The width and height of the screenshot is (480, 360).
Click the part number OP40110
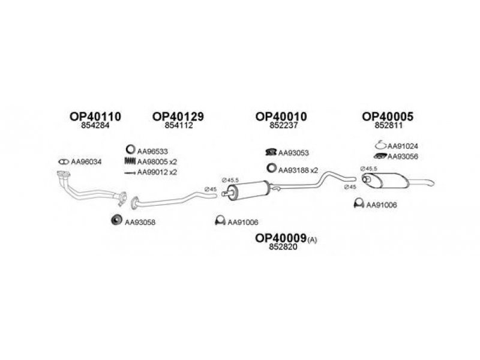pyautogui.click(x=95, y=116)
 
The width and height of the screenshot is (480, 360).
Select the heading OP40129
pyautogui.click(x=178, y=116)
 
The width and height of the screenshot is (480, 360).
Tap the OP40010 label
pyautogui.click(x=281, y=116)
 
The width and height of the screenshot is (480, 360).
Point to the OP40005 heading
pyautogui.click(x=388, y=116)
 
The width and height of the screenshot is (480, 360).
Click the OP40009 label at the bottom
pyautogui.click(x=281, y=238)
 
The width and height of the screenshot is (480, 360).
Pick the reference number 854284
pyautogui.click(x=95, y=125)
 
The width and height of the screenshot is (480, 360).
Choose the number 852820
pyautogui.click(x=283, y=247)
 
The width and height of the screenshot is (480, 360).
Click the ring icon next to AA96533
pyautogui.click(x=130, y=149)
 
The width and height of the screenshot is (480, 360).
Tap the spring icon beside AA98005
pyautogui.click(x=130, y=161)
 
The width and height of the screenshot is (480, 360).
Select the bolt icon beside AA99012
pyautogui.click(x=130, y=173)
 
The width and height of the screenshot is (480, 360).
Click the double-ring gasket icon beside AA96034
pyautogui.click(x=64, y=161)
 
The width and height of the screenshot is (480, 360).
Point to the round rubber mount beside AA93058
pyautogui.click(x=116, y=220)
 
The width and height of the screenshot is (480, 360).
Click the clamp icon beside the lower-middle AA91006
pyautogui.click(x=220, y=220)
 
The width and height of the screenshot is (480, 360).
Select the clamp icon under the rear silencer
pyautogui.click(x=359, y=203)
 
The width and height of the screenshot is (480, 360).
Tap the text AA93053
pyautogui.click(x=293, y=152)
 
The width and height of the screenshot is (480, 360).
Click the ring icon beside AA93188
pyautogui.click(x=271, y=168)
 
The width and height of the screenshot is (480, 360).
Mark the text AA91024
pyautogui.click(x=403, y=146)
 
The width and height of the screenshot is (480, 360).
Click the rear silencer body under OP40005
pyautogui.click(x=386, y=181)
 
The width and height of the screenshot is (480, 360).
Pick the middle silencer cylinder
pyautogui.click(x=248, y=190)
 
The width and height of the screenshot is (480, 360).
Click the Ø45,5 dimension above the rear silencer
pyautogui.click(x=368, y=169)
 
